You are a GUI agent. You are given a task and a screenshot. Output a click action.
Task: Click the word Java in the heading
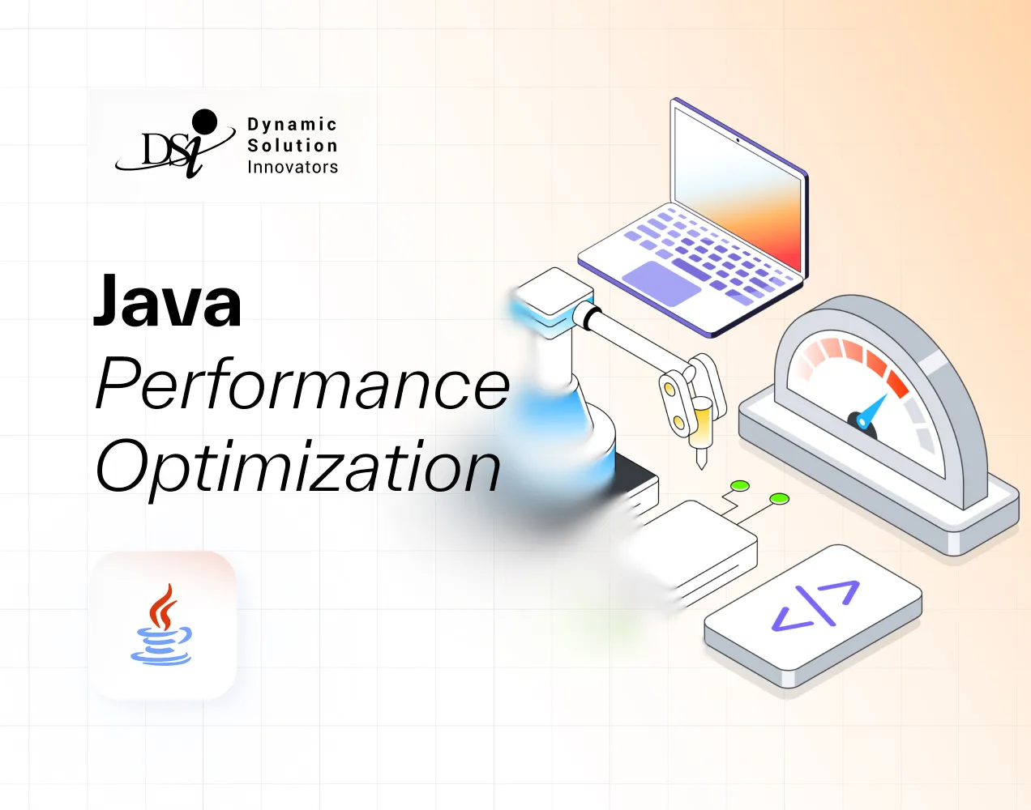(x=167, y=301)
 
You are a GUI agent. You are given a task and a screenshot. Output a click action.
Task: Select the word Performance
(x=302, y=386)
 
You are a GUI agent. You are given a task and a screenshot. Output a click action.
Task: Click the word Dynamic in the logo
(x=292, y=125)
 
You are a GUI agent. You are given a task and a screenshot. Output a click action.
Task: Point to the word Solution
(x=292, y=146)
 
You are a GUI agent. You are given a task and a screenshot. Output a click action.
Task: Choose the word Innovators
(x=292, y=167)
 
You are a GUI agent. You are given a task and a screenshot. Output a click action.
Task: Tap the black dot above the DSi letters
(x=204, y=122)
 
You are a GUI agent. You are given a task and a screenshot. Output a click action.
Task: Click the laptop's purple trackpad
(x=661, y=282)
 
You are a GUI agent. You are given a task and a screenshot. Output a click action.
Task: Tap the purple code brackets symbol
(x=815, y=606)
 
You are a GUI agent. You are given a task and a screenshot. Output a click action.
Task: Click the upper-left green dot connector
(x=739, y=486)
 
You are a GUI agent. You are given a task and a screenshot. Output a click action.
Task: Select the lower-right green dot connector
(x=779, y=498)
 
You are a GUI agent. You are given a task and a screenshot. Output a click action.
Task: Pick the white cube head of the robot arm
(x=554, y=292)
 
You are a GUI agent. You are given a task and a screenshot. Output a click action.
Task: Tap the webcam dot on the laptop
(x=737, y=139)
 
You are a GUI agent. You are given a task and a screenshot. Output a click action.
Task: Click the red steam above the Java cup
(x=165, y=606)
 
